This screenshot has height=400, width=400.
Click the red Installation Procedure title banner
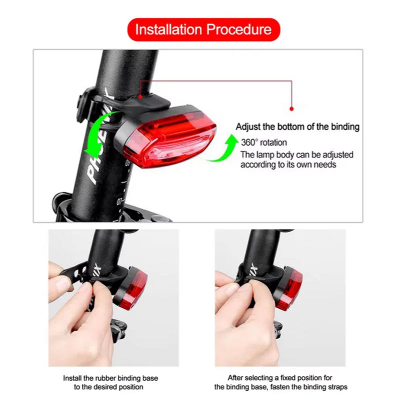pyautogui.click(x=203, y=29)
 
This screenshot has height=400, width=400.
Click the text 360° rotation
pyautogui.click(x=263, y=142)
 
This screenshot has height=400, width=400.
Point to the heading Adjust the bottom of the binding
pyautogui.click(x=297, y=127)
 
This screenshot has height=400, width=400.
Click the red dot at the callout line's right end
pyautogui.click(x=292, y=108)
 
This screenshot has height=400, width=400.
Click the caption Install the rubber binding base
pyautogui.click(x=110, y=378)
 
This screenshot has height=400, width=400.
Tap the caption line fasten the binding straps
pyautogui.click(x=280, y=387)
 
